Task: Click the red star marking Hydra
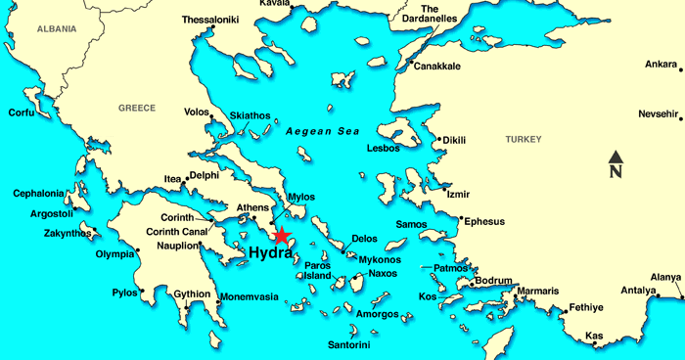pos(282,236)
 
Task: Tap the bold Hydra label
pos(270,253)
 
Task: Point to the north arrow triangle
pos(616,157)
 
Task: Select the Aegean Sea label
pos(323,131)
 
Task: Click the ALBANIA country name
pos(56,30)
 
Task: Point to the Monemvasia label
pos(248,296)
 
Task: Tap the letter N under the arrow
pos(616,173)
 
